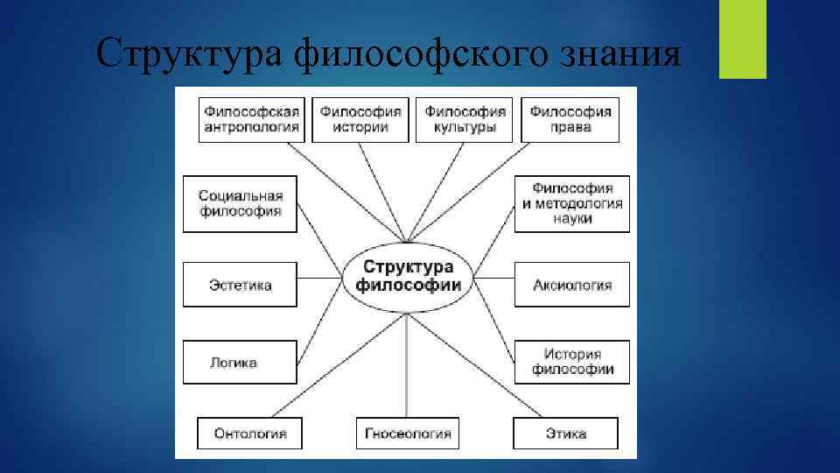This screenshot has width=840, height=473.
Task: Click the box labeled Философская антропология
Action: [x=252, y=119]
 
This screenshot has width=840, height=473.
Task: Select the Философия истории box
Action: [x=360, y=119]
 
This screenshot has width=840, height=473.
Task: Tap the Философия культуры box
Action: [x=465, y=119]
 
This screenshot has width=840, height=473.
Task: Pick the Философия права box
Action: [x=570, y=119]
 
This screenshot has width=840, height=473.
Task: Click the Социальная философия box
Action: [x=240, y=203]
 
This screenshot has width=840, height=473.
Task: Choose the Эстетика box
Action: [x=240, y=285]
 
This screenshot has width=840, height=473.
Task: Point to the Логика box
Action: [x=234, y=362]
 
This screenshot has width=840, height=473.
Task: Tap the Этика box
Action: [x=565, y=434]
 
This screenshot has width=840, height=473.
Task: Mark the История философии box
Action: [x=572, y=362]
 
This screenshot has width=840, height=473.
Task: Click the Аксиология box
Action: [x=572, y=285]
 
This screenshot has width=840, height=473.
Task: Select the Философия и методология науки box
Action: [x=572, y=203]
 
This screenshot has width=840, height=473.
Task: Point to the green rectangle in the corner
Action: [x=742, y=39]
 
